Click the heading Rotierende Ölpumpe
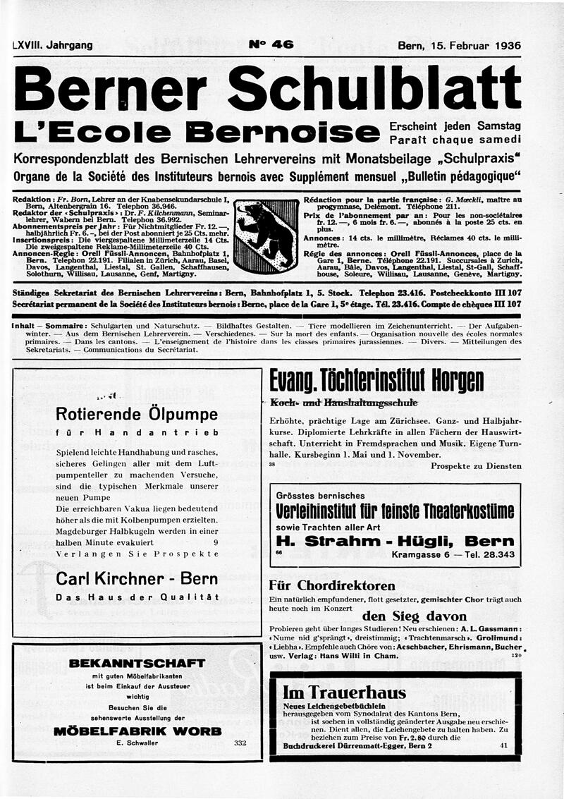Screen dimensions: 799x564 pos(137,413)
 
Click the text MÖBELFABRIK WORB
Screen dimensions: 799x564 pos(137,731)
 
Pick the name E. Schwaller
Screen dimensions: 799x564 pos(137,743)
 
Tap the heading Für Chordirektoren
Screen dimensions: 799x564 pos(332,585)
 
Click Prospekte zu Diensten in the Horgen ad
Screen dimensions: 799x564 pos(476,466)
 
